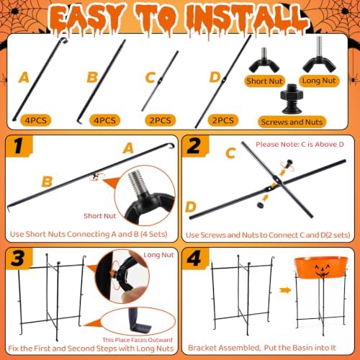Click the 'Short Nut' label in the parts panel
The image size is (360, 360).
point(264,81)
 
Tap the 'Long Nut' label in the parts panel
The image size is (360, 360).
point(319,81)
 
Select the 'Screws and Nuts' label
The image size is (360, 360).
point(292,122)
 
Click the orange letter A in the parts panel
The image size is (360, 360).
point(24,78)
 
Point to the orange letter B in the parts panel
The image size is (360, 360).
point(92,77)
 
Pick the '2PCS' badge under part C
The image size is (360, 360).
point(161,120)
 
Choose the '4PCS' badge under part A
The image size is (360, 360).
point(36,120)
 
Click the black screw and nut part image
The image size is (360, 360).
point(292,99)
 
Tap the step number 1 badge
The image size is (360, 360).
point(18,145)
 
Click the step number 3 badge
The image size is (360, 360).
point(18,258)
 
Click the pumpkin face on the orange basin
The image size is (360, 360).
point(321,271)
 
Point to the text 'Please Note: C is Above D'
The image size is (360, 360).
point(300,145)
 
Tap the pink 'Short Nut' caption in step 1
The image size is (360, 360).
point(100,216)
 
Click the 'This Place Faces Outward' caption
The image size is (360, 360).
point(138,340)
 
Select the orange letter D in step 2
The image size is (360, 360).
point(191,207)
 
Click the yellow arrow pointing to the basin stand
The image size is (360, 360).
point(285,290)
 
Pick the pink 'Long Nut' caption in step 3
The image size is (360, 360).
point(158,255)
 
